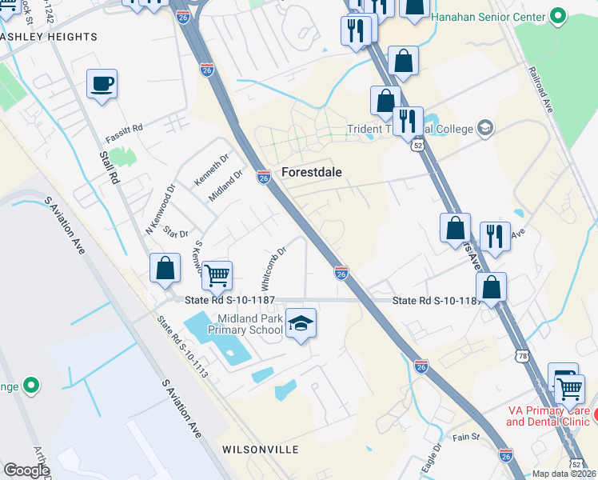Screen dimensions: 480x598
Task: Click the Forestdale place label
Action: (x=313, y=171)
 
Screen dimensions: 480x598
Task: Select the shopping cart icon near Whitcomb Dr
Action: (x=217, y=276)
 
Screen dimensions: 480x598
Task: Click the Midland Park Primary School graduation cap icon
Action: (x=301, y=323)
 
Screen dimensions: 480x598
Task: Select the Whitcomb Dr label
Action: (x=273, y=268)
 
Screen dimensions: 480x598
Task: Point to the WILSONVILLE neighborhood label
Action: (x=249, y=450)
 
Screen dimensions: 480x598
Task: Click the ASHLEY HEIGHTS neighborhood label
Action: (x=50, y=37)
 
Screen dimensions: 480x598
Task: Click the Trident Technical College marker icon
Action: (x=484, y=128)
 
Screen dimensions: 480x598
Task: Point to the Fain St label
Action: (x=464, y=437)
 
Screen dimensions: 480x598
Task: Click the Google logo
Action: (x=27, y=470)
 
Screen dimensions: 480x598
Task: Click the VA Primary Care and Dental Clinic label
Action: (x=548, y=416)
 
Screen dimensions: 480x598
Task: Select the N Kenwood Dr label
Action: (x=159, y=210)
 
